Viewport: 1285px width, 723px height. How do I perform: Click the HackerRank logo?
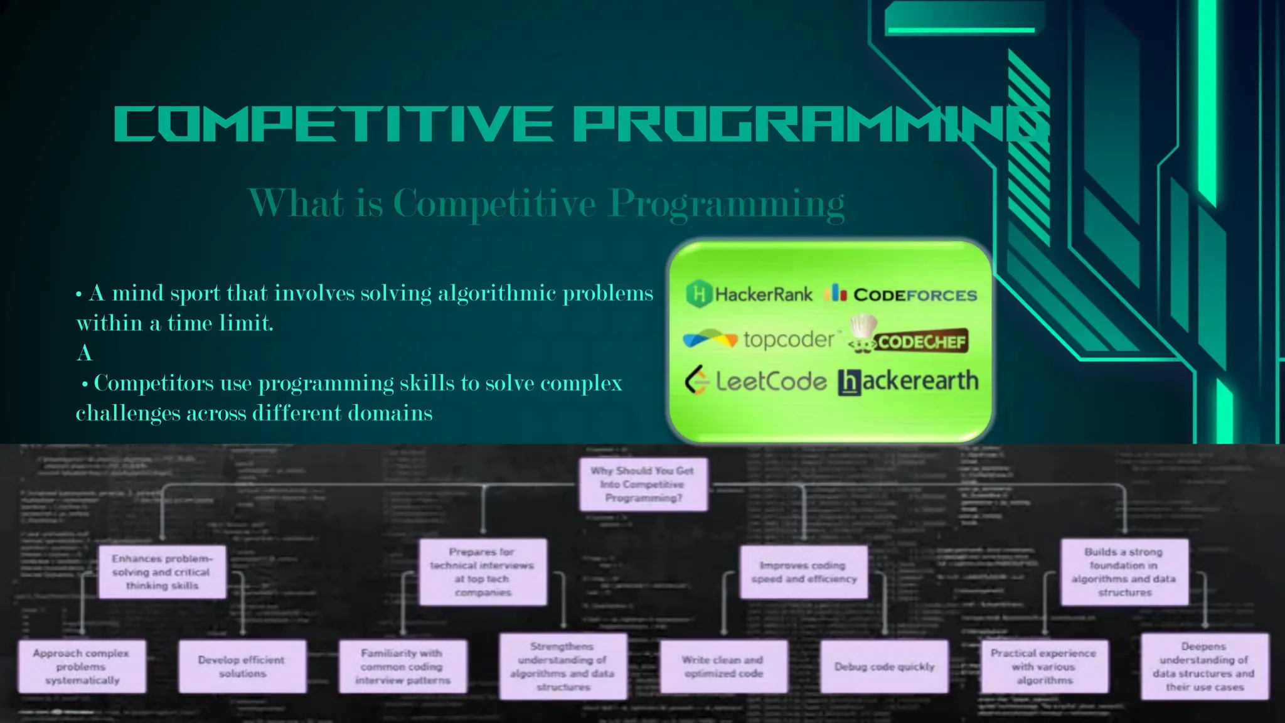(x=749, y=294)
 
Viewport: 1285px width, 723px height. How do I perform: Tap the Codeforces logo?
(x=901, y=294)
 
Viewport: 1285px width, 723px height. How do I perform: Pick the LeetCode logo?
(x=756, y=381)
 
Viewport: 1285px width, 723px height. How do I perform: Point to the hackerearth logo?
(x=908, y=382)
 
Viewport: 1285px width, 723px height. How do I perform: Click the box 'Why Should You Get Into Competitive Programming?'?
(x=642, y=484)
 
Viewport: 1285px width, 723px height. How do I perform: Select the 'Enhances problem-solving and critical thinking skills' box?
(x=162, y=572)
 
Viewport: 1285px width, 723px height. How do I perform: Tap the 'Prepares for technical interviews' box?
(x=483, y=572)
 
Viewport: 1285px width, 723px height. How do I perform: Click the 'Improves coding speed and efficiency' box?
(x=804, y=572)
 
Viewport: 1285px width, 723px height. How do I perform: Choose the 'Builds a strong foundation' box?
(x=1124, y=572)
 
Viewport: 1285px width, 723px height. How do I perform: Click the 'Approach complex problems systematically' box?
(x=82, y=667)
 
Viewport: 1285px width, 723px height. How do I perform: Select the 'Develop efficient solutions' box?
(x=242, y=667)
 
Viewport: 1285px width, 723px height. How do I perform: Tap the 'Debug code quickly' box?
(x=884, y=667)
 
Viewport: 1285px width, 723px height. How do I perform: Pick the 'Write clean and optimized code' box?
(x=723, y=667)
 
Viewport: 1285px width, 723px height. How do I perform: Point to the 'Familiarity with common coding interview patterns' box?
(x=403, y=667)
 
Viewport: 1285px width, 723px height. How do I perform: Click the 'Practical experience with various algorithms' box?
(x=1044, y=667)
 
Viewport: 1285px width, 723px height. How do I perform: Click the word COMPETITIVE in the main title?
(x=333, y=124)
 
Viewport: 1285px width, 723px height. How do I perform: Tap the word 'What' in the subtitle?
(x=296, y=203)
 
